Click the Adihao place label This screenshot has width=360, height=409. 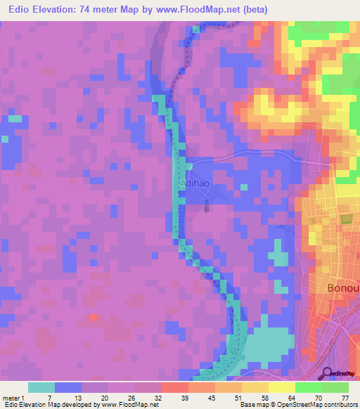pos(194,183)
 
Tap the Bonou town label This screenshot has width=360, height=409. pos(344,289)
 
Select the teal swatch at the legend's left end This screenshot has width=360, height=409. pos(41,387)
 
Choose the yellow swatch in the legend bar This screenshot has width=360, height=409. pos(281,387)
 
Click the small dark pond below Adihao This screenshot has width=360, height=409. pos(207,206)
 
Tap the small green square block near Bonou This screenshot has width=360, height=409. pos(345,219)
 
